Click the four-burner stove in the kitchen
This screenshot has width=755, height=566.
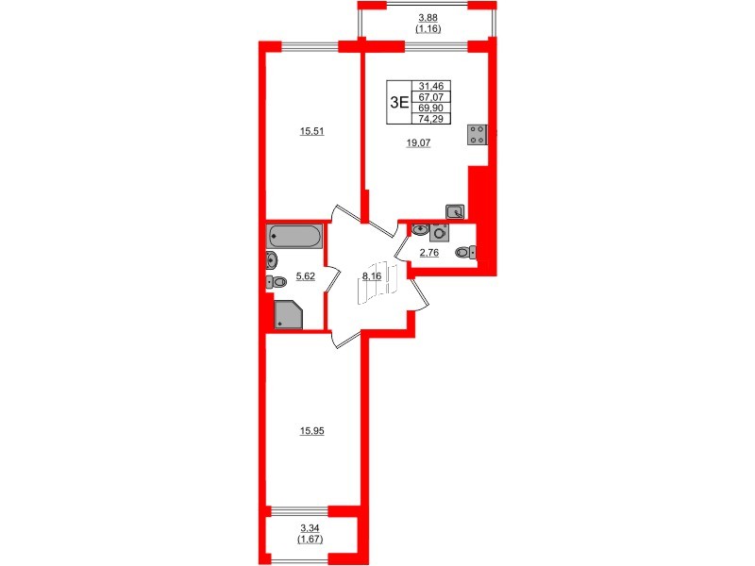pyautogui.click(x=478, y=135)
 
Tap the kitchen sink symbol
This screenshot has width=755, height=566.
pyautogui.click(x=455, y=212)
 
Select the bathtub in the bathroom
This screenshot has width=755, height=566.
pyautogui.click(x=295, y=236)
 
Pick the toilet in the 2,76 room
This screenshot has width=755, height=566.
pyautogui.click(x=464, y=252)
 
